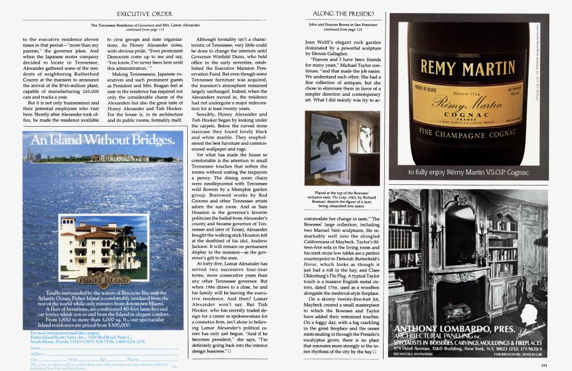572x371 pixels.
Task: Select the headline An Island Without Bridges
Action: pos(102,140)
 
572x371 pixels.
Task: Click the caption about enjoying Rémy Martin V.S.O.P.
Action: pos(468,172)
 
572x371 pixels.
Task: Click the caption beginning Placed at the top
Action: pos(343,199)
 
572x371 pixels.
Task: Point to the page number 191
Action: pos(544,364)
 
